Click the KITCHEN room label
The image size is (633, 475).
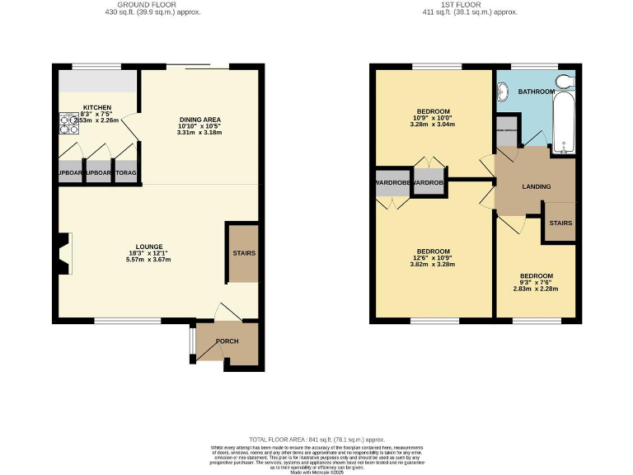(97, 107)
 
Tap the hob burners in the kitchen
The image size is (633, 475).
(64, 122)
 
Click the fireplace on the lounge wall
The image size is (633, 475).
(63, 254)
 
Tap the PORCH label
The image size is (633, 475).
(227, 341)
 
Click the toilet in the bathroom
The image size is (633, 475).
(565, 81)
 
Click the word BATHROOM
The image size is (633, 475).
(536, 92)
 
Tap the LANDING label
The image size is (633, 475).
(536, 187)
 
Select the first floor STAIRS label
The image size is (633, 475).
(561, 223)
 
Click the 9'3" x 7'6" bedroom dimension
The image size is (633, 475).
(536, 282)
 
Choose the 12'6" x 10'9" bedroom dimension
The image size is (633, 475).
(433, 257)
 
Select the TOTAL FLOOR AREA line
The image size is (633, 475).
(316, 440)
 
